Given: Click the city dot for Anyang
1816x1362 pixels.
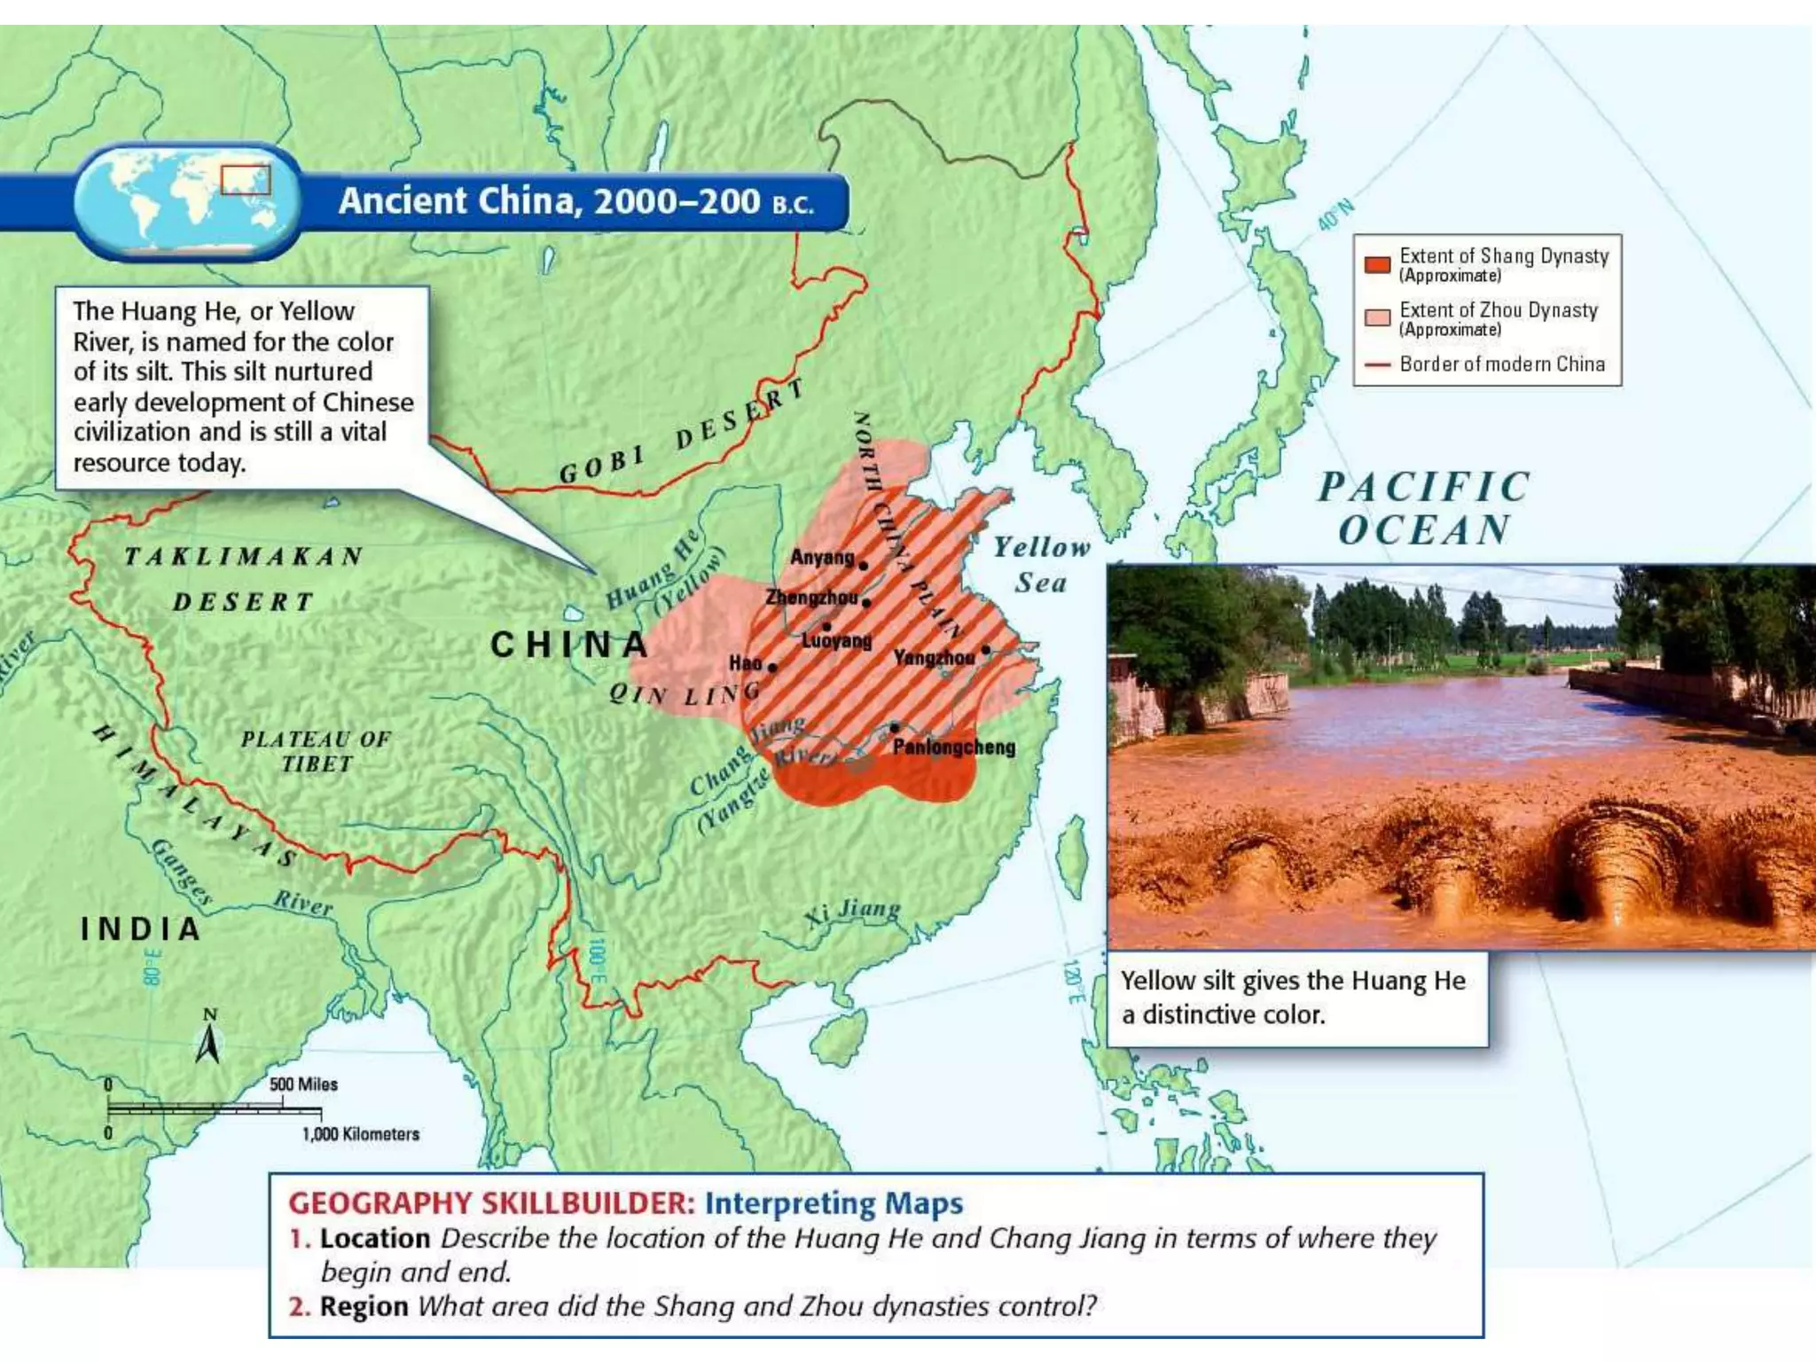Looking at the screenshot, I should click(x=864, y=566).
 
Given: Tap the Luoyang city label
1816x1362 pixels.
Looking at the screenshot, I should click(x=836, y=641).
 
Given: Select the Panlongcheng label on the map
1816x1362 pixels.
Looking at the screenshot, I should click(x=954, y=747).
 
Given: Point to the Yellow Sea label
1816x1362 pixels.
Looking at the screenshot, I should click(x=1041, y=565).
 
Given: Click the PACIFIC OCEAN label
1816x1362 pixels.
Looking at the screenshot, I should click(x=1424, y=509).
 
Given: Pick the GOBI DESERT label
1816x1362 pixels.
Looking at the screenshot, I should click(x=682, y=432).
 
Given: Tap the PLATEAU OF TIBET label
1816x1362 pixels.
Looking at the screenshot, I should click(x=316, y=751).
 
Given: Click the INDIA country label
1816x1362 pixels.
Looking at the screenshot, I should click(x=141, y=929).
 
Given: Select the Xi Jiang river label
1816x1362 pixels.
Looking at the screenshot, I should click(x=852, y=912).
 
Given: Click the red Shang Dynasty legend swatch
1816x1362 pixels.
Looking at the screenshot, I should click(x=1376, y=264).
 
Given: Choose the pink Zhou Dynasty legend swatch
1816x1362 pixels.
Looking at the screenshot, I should click(x=1376, y=318).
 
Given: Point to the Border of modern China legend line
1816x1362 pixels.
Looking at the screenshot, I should click(x=1376, y=364).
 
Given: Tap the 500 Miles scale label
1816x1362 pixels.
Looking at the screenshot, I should click(x=303, y=1084).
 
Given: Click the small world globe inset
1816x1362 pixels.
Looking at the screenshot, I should click(x=188, y=201).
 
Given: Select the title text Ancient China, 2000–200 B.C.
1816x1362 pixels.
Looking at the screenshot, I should click(x=575, y=201).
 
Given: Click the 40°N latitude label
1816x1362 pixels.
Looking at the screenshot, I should click(x=1335, y=214).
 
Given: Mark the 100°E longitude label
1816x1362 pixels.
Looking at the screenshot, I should click(x=597, y=961).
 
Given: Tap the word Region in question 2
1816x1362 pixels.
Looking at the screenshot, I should click(x=364, y=1306).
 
